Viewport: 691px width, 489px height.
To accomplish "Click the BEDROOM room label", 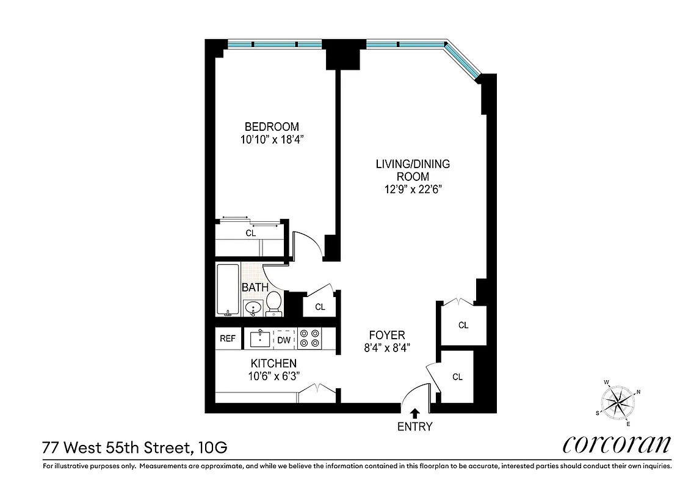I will (272, 127).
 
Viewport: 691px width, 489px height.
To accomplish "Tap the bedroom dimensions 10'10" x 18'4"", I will (272, 139).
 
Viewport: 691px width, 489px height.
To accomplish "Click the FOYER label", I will (387, 335).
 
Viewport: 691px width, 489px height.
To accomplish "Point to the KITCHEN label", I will (273, 363).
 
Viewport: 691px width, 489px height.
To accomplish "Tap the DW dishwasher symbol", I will (284, 339).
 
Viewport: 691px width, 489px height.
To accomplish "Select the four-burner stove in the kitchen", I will (309, 339).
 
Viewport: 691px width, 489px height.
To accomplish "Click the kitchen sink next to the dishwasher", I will (260, 339).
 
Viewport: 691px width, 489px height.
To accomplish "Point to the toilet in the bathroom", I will (274, 303).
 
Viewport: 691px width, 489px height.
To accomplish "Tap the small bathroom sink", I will (252, 308).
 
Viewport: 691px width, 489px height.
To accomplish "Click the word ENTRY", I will (414, 427).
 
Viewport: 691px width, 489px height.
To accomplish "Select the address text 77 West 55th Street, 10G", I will (135, 447).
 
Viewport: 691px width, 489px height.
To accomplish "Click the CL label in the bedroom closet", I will (250, 233).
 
